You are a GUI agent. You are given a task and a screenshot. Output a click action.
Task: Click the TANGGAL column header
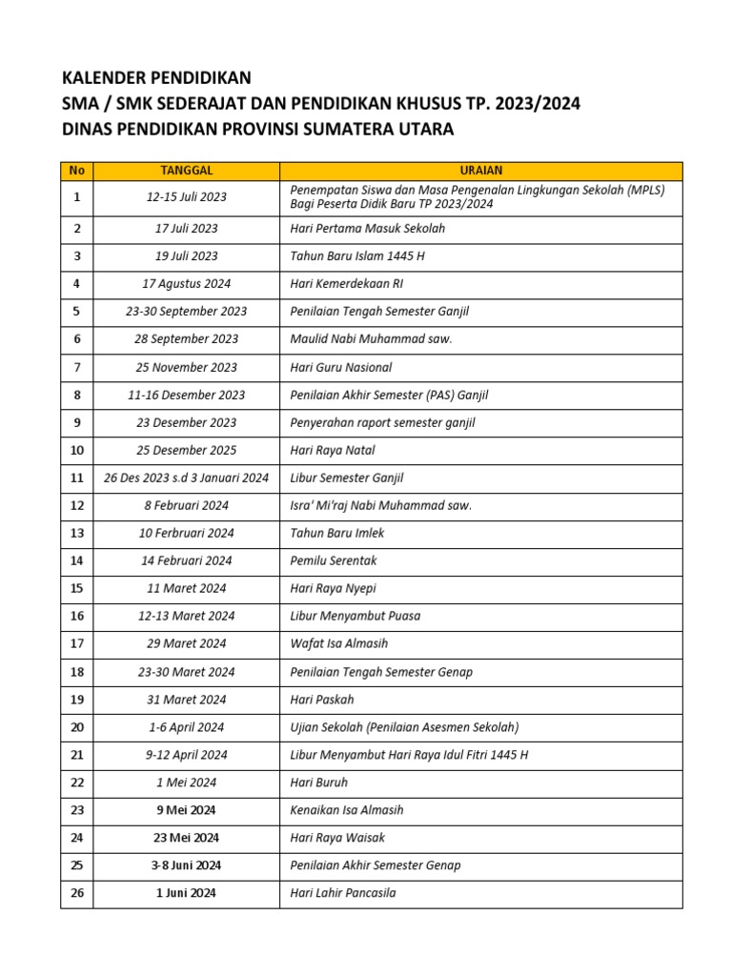[186, 171]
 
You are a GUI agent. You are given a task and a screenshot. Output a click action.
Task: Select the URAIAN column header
[480, 171]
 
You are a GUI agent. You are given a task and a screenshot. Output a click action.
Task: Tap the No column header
[77, 171]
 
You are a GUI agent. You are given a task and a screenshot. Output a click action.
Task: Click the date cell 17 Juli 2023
[186, 229]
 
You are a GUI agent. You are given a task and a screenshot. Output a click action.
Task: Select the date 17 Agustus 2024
[186, 284]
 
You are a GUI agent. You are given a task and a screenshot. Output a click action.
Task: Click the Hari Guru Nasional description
[341, 367]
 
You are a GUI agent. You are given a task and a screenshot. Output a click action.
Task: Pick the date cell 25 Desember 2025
[186, 450]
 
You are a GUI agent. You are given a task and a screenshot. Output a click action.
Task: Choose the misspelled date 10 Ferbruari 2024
[186, 533]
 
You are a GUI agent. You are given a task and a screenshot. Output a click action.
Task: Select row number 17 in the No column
[77, 643]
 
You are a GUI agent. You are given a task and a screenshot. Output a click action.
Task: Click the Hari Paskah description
[322, 700]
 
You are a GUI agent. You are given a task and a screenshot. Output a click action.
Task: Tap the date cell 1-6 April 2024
[186, 727]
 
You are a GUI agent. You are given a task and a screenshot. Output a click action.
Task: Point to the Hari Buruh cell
[319, 783]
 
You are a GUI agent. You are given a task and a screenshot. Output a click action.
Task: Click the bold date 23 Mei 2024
[186, 838]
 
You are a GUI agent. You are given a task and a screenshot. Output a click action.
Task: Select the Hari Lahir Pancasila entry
[343, 893]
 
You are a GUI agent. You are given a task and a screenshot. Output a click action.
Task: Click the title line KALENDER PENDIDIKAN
[156, 78]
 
